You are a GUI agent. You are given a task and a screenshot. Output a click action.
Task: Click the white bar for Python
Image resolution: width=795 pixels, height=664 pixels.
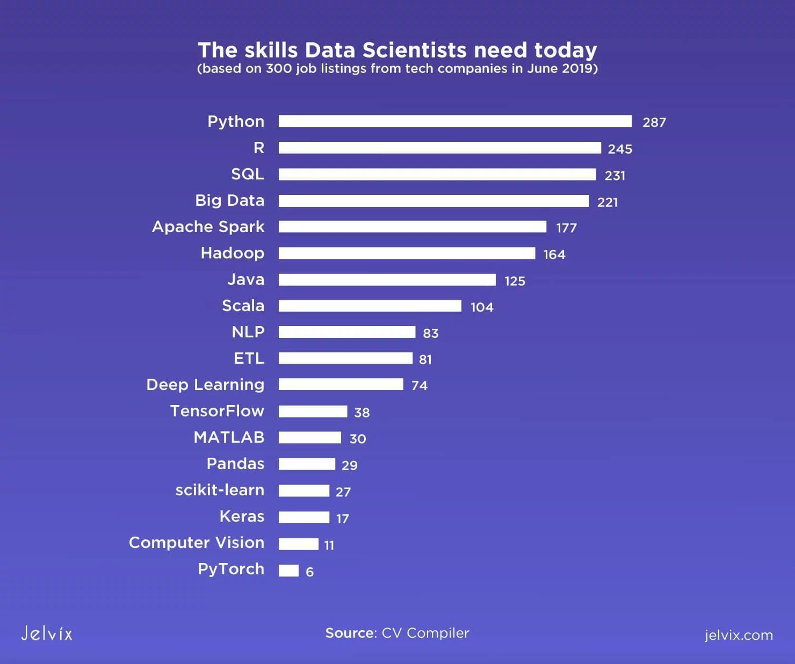[455, 121]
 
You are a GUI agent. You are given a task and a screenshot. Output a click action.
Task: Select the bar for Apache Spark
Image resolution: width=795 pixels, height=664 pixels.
[412, 227]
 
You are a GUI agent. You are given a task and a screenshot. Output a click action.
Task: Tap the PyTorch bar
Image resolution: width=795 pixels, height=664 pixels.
[288, 571]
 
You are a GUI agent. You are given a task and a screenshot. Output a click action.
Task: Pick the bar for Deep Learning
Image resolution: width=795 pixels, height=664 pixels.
[341, 385]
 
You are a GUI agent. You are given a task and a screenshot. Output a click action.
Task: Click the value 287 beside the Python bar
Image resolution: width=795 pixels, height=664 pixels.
[654, 122]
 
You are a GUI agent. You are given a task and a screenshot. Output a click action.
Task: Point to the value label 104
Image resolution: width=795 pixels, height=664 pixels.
[481, 307]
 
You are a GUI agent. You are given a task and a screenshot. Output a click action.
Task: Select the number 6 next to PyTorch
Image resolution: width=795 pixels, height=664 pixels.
[309, 572]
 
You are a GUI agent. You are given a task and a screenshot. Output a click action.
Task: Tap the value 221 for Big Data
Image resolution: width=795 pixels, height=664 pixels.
[607, 203]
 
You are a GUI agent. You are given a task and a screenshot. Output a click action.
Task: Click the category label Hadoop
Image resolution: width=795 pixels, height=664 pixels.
[232, 253]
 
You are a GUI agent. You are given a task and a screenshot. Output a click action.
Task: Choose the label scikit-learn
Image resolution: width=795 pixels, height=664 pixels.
[220, 490]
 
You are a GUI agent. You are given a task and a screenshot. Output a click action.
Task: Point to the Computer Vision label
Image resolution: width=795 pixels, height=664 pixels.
[197, 543]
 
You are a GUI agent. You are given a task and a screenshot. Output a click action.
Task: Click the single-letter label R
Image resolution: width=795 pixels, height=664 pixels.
[258, 148]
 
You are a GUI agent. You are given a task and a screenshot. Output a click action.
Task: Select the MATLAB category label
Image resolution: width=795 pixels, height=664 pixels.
[229, 437]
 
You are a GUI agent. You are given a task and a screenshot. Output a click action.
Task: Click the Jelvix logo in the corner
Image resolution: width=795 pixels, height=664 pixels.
[47, 633]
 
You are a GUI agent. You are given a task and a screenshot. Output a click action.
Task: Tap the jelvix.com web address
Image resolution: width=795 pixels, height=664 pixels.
[738, 635]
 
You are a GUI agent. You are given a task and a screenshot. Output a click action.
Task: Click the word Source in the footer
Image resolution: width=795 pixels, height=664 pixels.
[350, 633]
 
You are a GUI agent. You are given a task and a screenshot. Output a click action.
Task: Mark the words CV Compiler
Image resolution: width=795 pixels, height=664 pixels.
[425, 633]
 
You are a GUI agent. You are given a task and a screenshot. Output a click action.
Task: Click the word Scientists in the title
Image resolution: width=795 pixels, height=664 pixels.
[414, 50]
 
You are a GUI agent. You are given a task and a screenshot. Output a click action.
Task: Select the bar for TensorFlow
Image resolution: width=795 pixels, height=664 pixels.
[313, 412]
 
